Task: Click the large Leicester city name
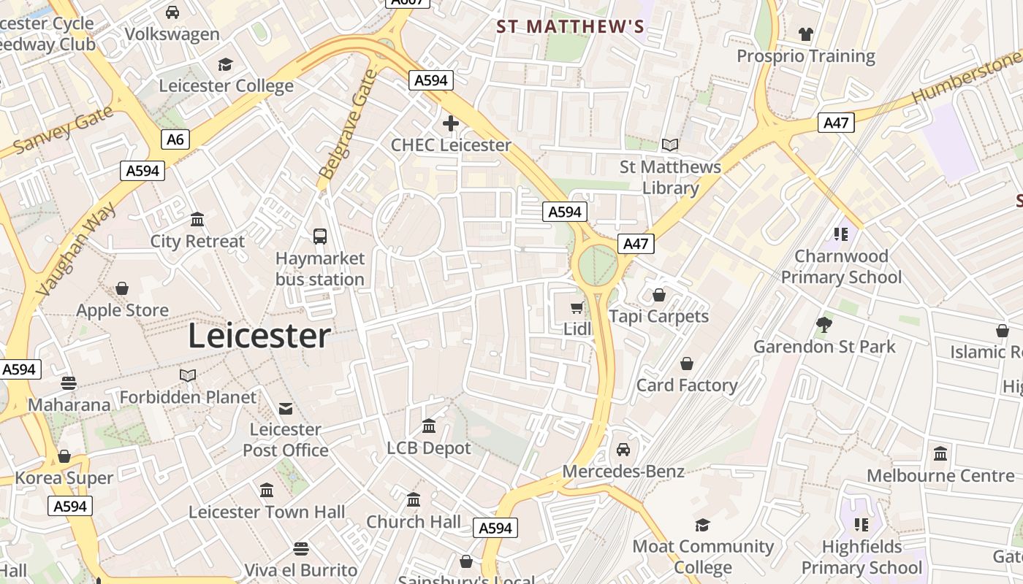pos(259,336)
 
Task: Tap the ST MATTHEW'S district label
pos(570,27)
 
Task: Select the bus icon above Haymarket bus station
pos(320,236)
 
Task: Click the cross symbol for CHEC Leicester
pos(451,123)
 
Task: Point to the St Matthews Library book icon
pos(670,145)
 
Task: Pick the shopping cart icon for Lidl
pos(577,308)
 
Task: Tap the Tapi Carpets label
pos(659,316)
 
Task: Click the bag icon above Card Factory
pos(687,364)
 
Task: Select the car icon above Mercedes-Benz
pos(623,450)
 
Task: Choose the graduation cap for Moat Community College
pos(702,525)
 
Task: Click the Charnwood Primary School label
pos(842,266)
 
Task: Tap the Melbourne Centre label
pos(940,476)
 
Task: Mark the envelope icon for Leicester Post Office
pos(286,408)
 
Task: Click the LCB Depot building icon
pos(429,426)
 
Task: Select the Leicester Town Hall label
pos(267,512)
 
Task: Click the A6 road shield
pos(175,139)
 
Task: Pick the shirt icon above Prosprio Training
pos(806,34)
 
